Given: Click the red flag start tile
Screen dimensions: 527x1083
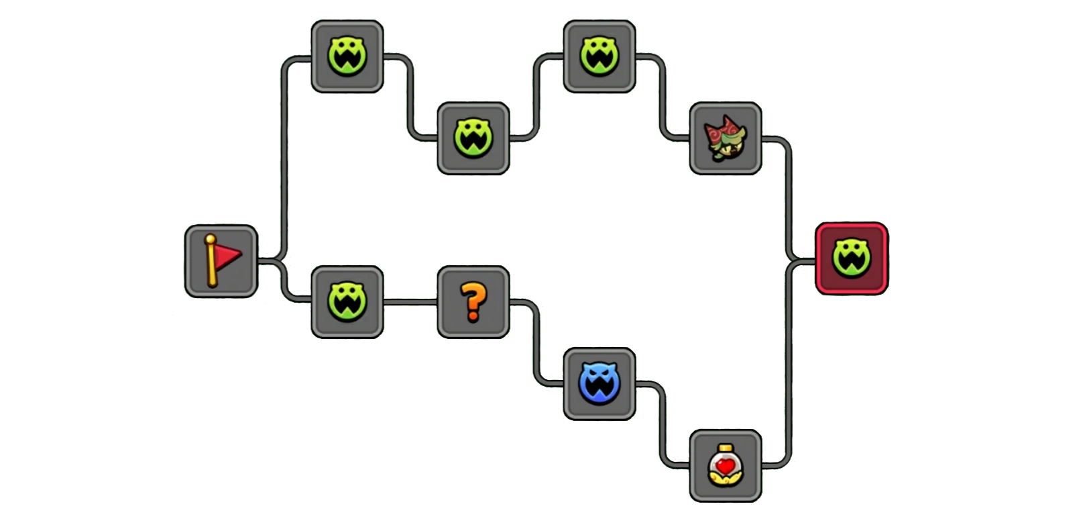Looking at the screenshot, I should click(x=221, y=261).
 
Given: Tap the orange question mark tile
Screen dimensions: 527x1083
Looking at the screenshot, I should click(x=473, y=302).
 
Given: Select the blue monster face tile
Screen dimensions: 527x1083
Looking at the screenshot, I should click(x=599, y=384).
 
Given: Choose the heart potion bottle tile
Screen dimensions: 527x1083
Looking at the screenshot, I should click(x=725, y=467).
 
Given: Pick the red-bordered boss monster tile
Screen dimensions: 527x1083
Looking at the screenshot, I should click(x=852, y=258).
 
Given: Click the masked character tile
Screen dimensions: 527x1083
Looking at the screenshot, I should click(x=725, y=138).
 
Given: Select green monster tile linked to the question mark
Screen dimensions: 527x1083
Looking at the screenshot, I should click(x=347, y=302).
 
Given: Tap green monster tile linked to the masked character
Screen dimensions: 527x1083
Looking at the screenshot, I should click(x=599, y=56).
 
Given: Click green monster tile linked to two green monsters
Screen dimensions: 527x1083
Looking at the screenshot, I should click(x=473, y=138).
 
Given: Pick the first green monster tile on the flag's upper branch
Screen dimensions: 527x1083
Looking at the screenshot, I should click(x=347, y=56).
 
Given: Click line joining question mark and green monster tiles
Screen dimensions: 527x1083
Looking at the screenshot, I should click(x=410, y=302).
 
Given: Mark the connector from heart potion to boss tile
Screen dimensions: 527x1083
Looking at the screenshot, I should click(x=789, y=363).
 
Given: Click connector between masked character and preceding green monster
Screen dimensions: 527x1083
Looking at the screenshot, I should click(x=662, y=97).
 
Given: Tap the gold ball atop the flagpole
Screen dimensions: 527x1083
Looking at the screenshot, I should click(x=211, y=239).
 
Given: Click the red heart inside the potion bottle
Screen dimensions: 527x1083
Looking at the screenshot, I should click(x=725, y=465).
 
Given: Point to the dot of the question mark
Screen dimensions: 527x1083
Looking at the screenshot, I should click(x=473, y=316).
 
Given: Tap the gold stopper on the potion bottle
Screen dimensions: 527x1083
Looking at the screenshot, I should click(x=725, y=448).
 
